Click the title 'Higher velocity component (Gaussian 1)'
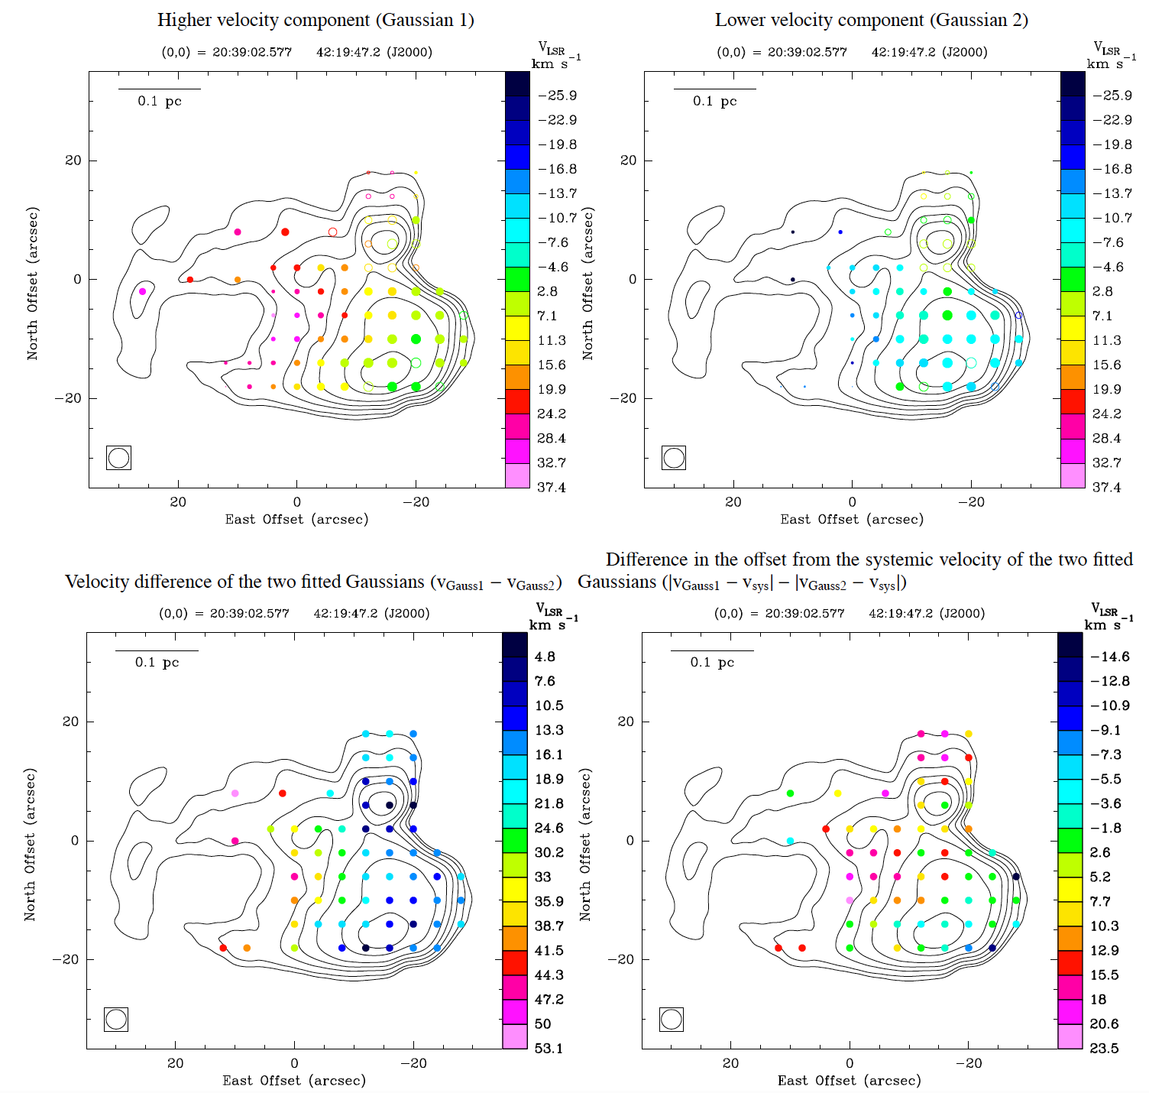316,21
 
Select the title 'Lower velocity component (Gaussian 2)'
871,21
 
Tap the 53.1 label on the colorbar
549,1049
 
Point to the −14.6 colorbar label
1109,657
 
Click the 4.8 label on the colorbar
545,657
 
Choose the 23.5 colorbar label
1104,1049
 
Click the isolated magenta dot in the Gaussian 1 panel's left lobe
142,291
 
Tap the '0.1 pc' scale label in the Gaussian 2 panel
714,101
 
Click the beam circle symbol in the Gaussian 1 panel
118,458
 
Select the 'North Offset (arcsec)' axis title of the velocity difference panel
30,845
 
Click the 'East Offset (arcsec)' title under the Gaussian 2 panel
852,520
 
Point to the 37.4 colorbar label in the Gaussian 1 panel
551,488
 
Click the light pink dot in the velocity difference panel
235,793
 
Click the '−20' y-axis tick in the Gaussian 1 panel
67,398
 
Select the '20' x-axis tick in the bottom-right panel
730,1063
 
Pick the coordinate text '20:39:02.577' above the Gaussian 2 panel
808,52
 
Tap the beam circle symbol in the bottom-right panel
671,1019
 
